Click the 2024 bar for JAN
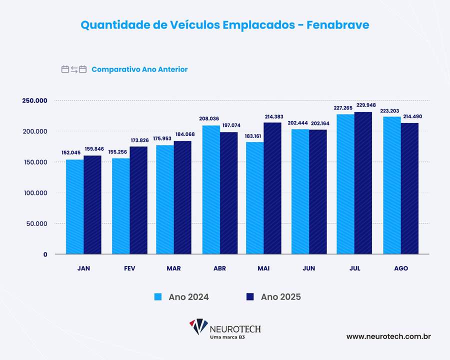pos(75,207)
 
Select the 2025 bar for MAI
pos(272,188)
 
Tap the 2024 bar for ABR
pos(211,190)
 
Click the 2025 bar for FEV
pos(138,200)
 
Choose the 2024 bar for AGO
pos(391,185)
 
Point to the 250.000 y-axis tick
pos(34,100)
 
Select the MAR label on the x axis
pos(173,268)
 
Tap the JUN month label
pos(308,268)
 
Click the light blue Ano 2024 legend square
pos(158,297)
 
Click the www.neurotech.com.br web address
pos(388,336)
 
